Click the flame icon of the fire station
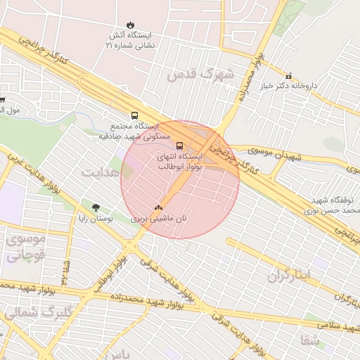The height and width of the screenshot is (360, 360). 129,24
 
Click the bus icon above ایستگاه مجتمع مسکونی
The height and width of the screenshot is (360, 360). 134,115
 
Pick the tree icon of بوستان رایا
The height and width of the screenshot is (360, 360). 96,207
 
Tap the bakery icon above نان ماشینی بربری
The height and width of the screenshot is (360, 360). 158,208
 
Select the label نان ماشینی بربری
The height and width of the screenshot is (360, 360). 160,219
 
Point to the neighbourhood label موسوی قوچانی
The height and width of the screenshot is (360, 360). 26,247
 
